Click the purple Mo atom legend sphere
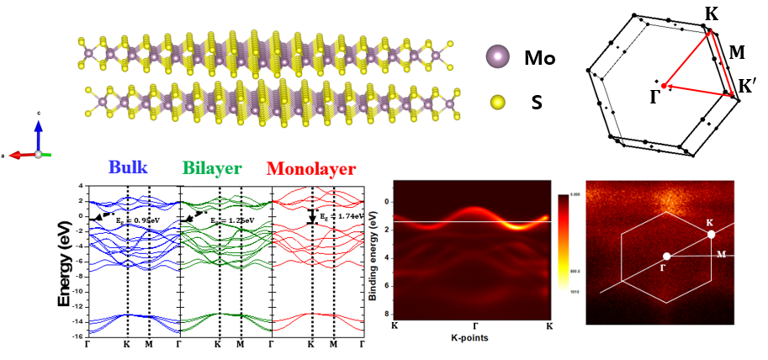pos(498,57)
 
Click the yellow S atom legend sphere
pos(498,103)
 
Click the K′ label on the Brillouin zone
pos(747,87)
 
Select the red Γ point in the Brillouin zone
pos(664,86)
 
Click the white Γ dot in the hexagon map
pos(666,256)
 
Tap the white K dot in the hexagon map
pos(712,235)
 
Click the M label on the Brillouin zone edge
pos(737,54)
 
